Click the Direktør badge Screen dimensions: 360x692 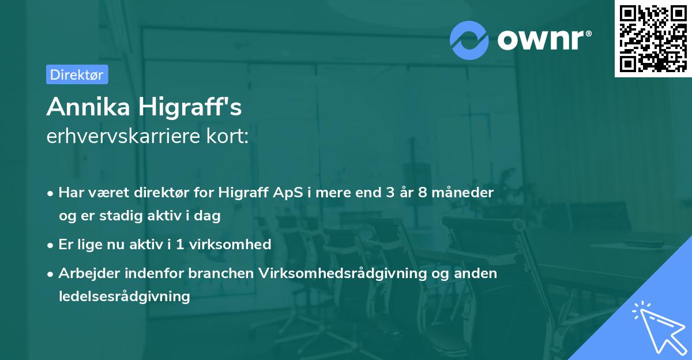[77, 74]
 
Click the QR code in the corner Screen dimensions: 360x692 [653, 38]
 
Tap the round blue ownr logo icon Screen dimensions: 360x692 [469, 40]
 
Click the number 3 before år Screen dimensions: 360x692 [390, 193]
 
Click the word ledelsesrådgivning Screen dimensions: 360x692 [124, 297]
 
